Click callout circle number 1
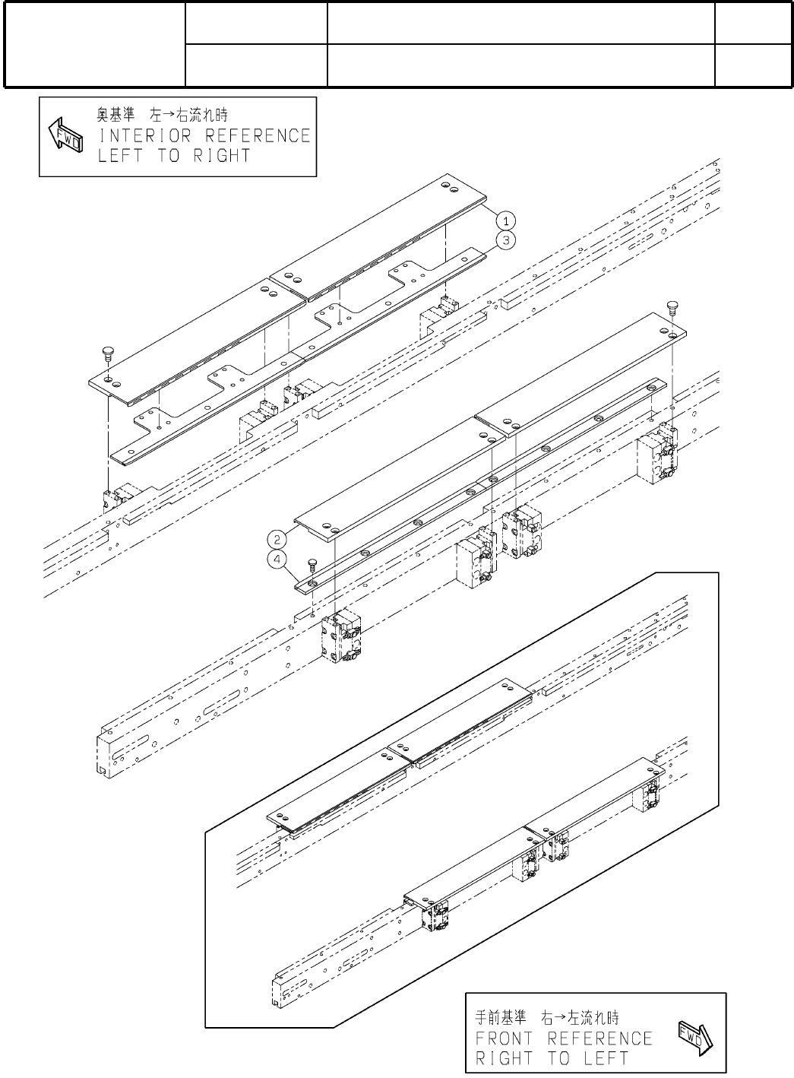click(x=505, y=220)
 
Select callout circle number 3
click(x=505, y=240)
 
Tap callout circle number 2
click(x=279, y=539)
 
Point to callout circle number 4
click(x=279, y=560)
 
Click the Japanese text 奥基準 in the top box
click(x=115, y=116)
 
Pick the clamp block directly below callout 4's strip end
click(x=342, y=637)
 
